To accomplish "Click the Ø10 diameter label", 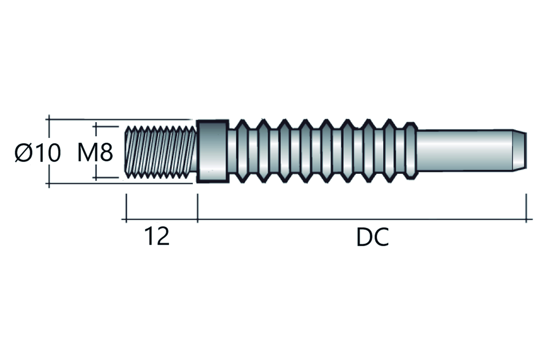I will pos(38,153).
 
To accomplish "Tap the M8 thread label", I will pos(95,153).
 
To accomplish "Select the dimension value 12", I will pos(156,237).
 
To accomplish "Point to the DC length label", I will pos(372,238).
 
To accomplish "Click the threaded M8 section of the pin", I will pos(162,152).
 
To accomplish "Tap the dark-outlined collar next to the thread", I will pos(213,151).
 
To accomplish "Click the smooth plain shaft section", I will pos(465,151).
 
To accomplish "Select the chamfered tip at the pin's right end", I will pos(521,151).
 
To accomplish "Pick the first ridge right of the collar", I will pos(242,151).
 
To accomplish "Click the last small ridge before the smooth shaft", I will pos(411,151).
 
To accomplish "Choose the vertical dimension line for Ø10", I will pos(49,132).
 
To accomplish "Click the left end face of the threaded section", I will pos(127,152).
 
